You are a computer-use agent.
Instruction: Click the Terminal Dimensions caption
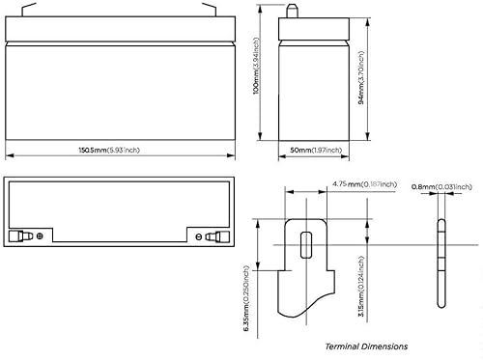(366, 345)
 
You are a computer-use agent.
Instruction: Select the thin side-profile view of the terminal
(442, 265)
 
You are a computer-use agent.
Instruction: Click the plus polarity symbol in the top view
(39, 236)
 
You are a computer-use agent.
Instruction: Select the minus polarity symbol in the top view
(198, 236)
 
